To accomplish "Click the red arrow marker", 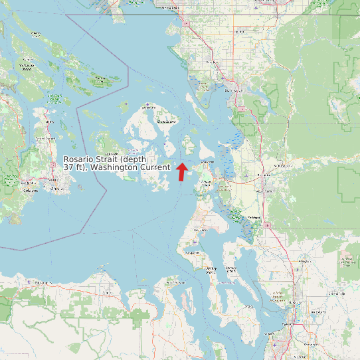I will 181,171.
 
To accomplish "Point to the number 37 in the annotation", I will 68,168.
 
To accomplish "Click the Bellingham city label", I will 232,90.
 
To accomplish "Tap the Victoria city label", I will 30,190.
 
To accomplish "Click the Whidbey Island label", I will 211,269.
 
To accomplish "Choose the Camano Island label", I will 232,270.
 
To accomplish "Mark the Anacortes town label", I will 207,161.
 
